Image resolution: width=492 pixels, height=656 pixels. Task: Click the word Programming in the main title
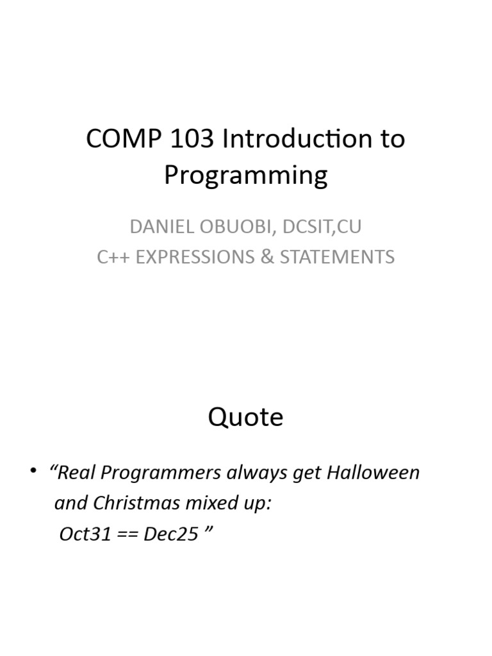point(245,176)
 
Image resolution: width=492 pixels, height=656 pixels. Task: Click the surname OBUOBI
point(229,227)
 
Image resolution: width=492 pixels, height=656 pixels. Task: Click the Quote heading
point(245,418)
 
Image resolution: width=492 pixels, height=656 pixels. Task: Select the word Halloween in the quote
point(373,473)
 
